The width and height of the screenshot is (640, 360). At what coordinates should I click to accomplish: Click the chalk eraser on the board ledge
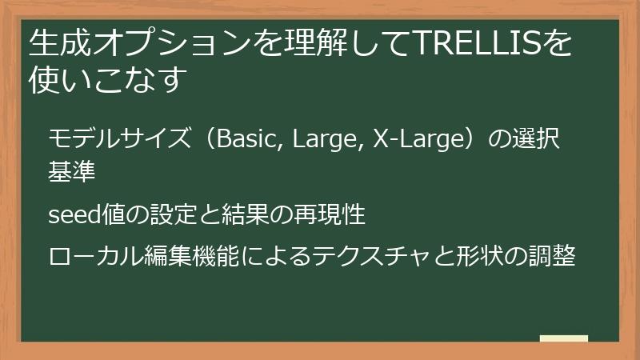coord(563,338)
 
